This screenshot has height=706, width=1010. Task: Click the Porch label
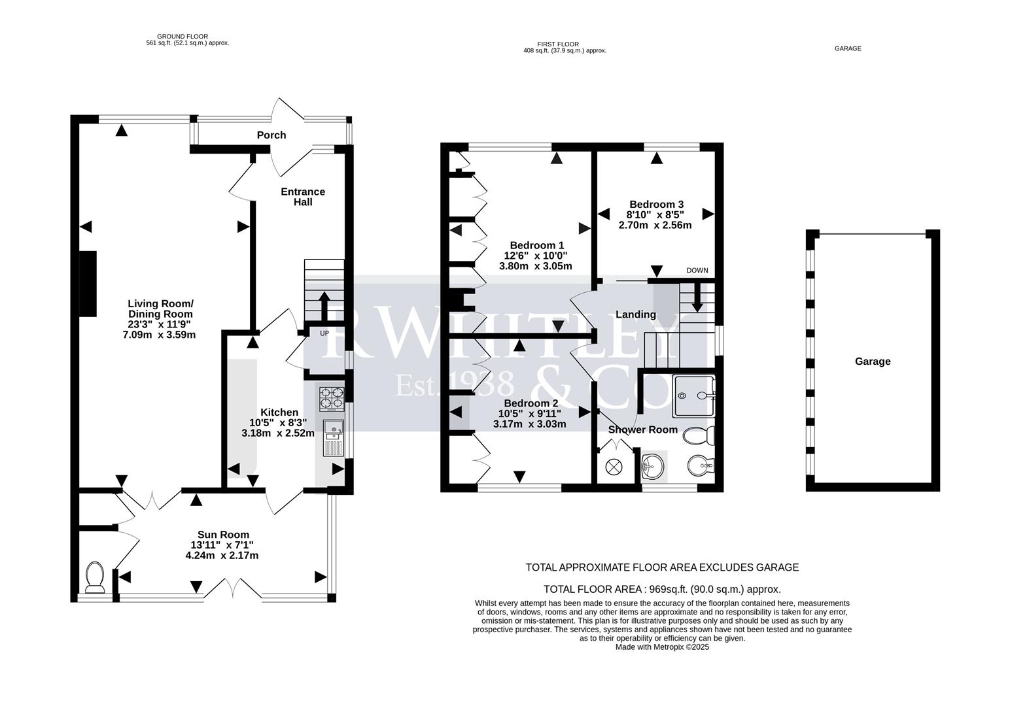271,135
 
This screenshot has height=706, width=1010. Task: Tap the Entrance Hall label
302,197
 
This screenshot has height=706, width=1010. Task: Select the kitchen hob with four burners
331,399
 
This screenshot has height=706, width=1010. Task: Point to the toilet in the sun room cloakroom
96,577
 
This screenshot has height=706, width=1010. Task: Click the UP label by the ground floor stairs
324,333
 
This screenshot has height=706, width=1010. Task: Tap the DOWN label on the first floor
697,271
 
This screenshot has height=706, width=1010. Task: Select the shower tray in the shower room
694,395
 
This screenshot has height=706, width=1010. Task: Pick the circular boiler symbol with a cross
614,467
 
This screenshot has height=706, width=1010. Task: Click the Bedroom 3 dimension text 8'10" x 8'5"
655,214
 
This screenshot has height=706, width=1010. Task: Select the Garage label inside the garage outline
872,361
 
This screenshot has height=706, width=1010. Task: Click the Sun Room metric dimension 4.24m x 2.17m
222,556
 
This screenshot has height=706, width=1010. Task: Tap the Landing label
635,314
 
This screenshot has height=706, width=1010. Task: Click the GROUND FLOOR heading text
183,37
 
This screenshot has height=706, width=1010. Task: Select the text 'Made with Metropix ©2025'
662,647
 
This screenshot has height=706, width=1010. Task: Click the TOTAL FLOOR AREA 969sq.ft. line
662,588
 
